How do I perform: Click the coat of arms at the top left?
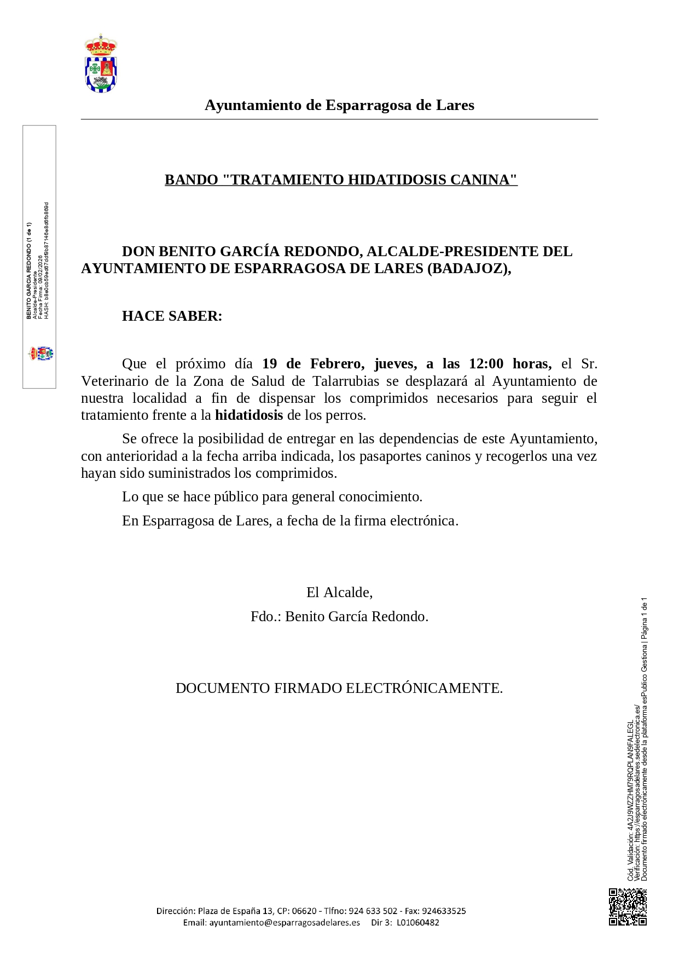pos(101,63)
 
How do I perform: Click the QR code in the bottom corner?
pos(628,907)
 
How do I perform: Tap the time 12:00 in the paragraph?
pos(486,364)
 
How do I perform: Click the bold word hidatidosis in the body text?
pos(249,415)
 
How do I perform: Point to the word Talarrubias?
pos(346,381)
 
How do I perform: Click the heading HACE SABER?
pos(172,316)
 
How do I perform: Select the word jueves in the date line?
pos(396,364)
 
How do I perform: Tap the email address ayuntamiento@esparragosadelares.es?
pos(285,922)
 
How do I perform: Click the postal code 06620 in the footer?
pos(304,911)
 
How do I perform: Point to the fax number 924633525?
pos(444,911)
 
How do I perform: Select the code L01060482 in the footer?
pos(418,922)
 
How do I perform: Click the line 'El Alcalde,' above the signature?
pos(339,592)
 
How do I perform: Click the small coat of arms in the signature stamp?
pos(41,354)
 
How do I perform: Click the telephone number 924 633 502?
pos(373,911)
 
